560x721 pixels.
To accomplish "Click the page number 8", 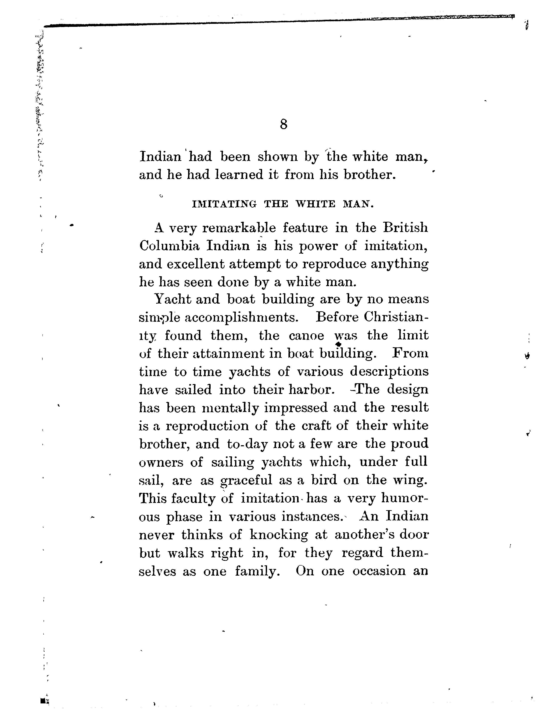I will [x=283, y=124].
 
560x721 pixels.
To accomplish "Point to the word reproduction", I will [x=207, y=426].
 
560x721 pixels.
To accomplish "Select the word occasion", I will [x=379, y=571].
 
